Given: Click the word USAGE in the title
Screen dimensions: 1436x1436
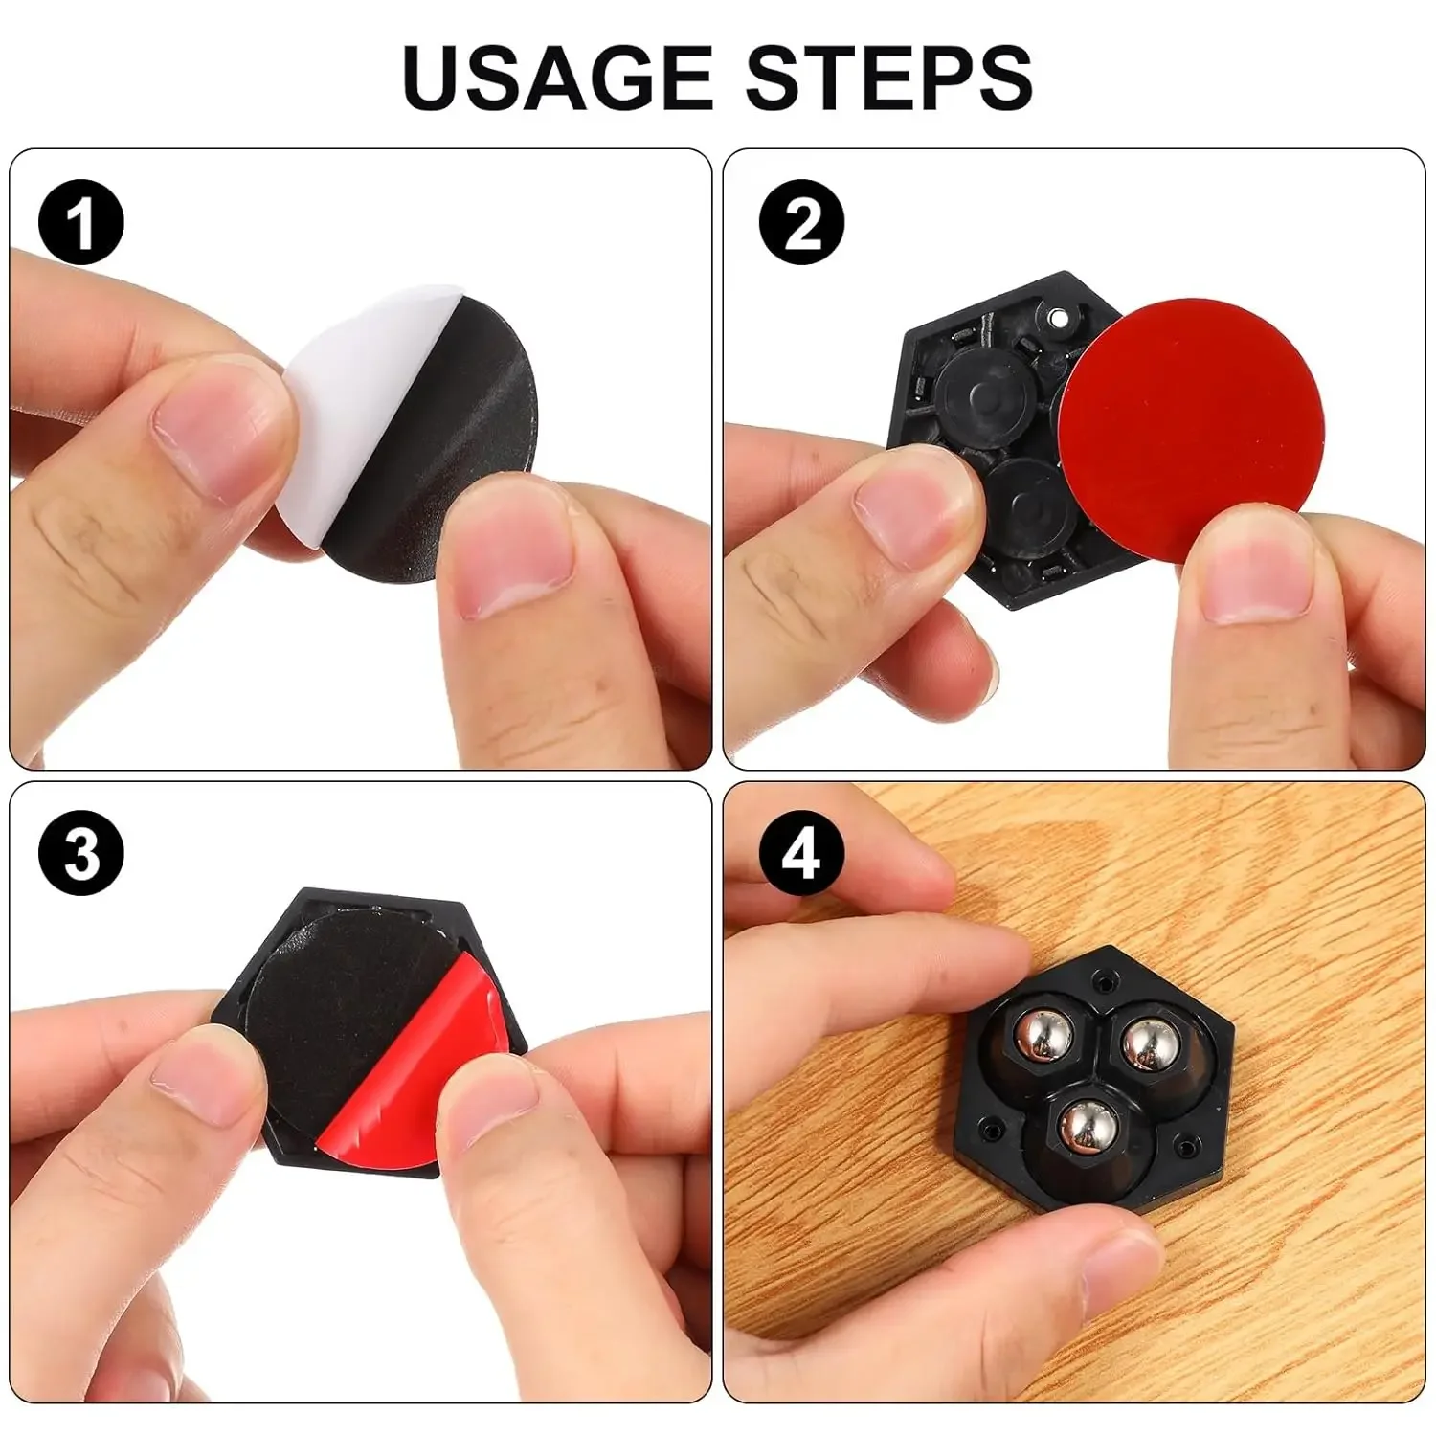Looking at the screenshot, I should click(x=557, y=77).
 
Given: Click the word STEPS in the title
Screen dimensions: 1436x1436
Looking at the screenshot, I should click(x=888, y=77).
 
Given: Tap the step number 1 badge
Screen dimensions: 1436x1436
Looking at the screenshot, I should click(x=81, y=222).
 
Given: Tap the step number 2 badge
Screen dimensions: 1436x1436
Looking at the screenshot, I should click(x=802, y=222).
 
